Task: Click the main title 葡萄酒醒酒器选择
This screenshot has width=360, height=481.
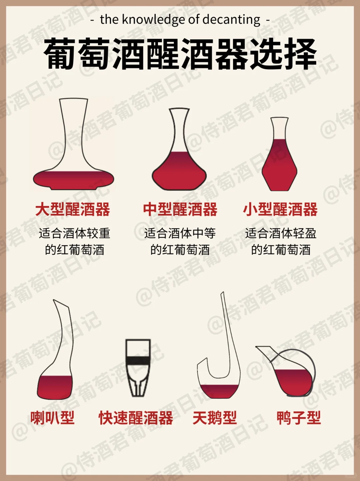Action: tap(180, 54)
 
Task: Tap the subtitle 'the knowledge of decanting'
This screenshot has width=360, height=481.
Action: tap(180, 20)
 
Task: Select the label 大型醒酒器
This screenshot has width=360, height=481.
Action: tap(73, 209)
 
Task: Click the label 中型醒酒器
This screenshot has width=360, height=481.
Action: tap(180, 209)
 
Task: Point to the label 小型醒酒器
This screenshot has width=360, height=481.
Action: tap(280, 209)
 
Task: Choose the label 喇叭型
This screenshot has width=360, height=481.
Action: tap(52, 418)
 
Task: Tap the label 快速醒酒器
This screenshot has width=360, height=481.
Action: tap(136, 418)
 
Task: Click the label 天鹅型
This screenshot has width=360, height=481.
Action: tap(215, 418)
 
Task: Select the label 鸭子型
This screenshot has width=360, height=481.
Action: tap(299, 418)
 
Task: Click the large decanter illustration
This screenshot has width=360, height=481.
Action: tap(73, 150)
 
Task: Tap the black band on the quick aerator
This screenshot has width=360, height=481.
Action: tap(138, 360)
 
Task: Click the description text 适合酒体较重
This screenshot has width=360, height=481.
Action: tap(74, 233)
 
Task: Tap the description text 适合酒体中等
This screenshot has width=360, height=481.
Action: tap(180, 233)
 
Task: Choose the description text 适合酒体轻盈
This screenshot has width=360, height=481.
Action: tap(281, 233)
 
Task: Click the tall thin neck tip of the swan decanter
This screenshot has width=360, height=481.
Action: tap(222, 295)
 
